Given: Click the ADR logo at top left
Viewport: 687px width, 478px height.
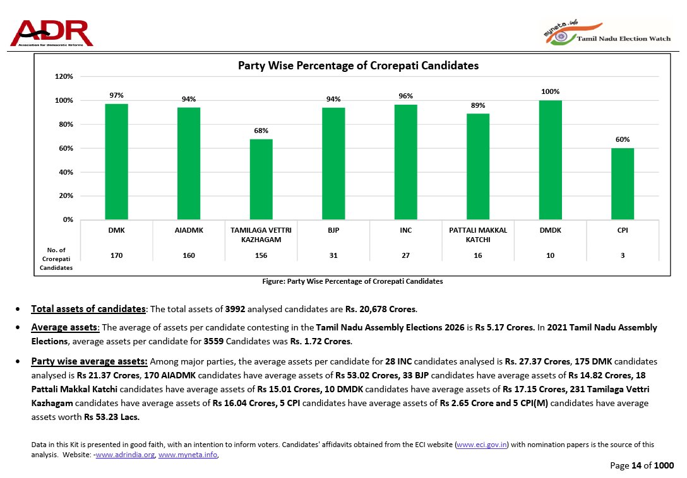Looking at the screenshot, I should click(52, 33).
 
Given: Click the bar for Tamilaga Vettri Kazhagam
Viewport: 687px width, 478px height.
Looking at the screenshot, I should click(261, 179).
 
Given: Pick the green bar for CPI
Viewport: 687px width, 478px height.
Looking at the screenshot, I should click(622, 184).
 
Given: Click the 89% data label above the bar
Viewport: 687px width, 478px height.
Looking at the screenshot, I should click(478, 105).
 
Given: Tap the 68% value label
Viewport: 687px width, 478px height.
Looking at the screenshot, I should click(261, 131).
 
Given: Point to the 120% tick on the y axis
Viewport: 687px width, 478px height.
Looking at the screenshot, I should click(64, 76).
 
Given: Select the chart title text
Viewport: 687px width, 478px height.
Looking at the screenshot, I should click(358, 66).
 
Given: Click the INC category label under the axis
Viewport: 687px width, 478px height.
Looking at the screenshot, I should click(405, 231).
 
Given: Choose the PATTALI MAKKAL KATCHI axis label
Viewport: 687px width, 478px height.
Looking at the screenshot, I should click(478, 235).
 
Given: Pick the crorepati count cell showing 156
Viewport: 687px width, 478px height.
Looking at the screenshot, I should click(261, 255).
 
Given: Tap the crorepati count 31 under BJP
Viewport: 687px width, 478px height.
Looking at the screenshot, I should click(333, 255).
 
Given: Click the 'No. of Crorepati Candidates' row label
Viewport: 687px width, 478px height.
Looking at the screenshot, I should click(56, 259).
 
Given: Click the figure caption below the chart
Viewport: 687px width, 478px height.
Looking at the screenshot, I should click(352, 281).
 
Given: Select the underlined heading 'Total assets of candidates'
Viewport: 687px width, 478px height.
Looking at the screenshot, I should click(88, 309).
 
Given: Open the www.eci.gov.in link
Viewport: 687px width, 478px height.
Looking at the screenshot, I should click(482, 445).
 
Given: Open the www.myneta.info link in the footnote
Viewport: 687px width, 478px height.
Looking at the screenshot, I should click(188, 455).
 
